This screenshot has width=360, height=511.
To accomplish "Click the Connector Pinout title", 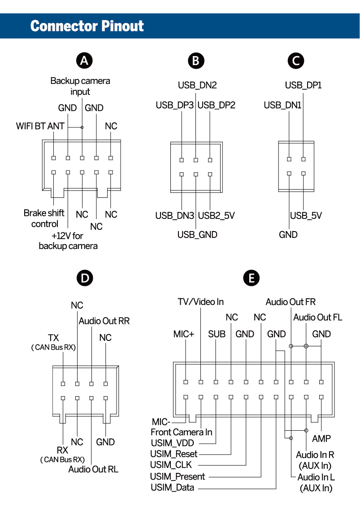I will [87, 26].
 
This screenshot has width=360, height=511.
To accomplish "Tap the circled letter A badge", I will [84, 61].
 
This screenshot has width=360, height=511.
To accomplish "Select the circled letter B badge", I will [195, 61].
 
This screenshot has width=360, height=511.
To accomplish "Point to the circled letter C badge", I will [295, 61].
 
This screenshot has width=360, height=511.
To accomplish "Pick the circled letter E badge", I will [251, 278].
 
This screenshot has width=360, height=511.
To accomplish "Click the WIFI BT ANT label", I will [40, 126].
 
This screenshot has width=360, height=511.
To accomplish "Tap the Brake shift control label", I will [44, 218].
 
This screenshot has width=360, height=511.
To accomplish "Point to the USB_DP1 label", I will [304, 85].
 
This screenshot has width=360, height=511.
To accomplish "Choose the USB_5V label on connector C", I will [306, 215].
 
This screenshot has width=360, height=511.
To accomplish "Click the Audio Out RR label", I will [104, 321].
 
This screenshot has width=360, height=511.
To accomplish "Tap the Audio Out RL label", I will [93, 469].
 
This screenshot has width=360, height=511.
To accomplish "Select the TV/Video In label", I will [200, 302].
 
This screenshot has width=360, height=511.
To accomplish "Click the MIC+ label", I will [183, 334].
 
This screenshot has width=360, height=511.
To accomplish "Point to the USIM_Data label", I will [173, 487].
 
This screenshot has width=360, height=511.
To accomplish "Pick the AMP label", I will [321, 438].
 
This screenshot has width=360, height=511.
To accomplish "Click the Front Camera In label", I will [181, 432].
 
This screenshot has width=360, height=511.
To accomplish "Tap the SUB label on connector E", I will [217, 334].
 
